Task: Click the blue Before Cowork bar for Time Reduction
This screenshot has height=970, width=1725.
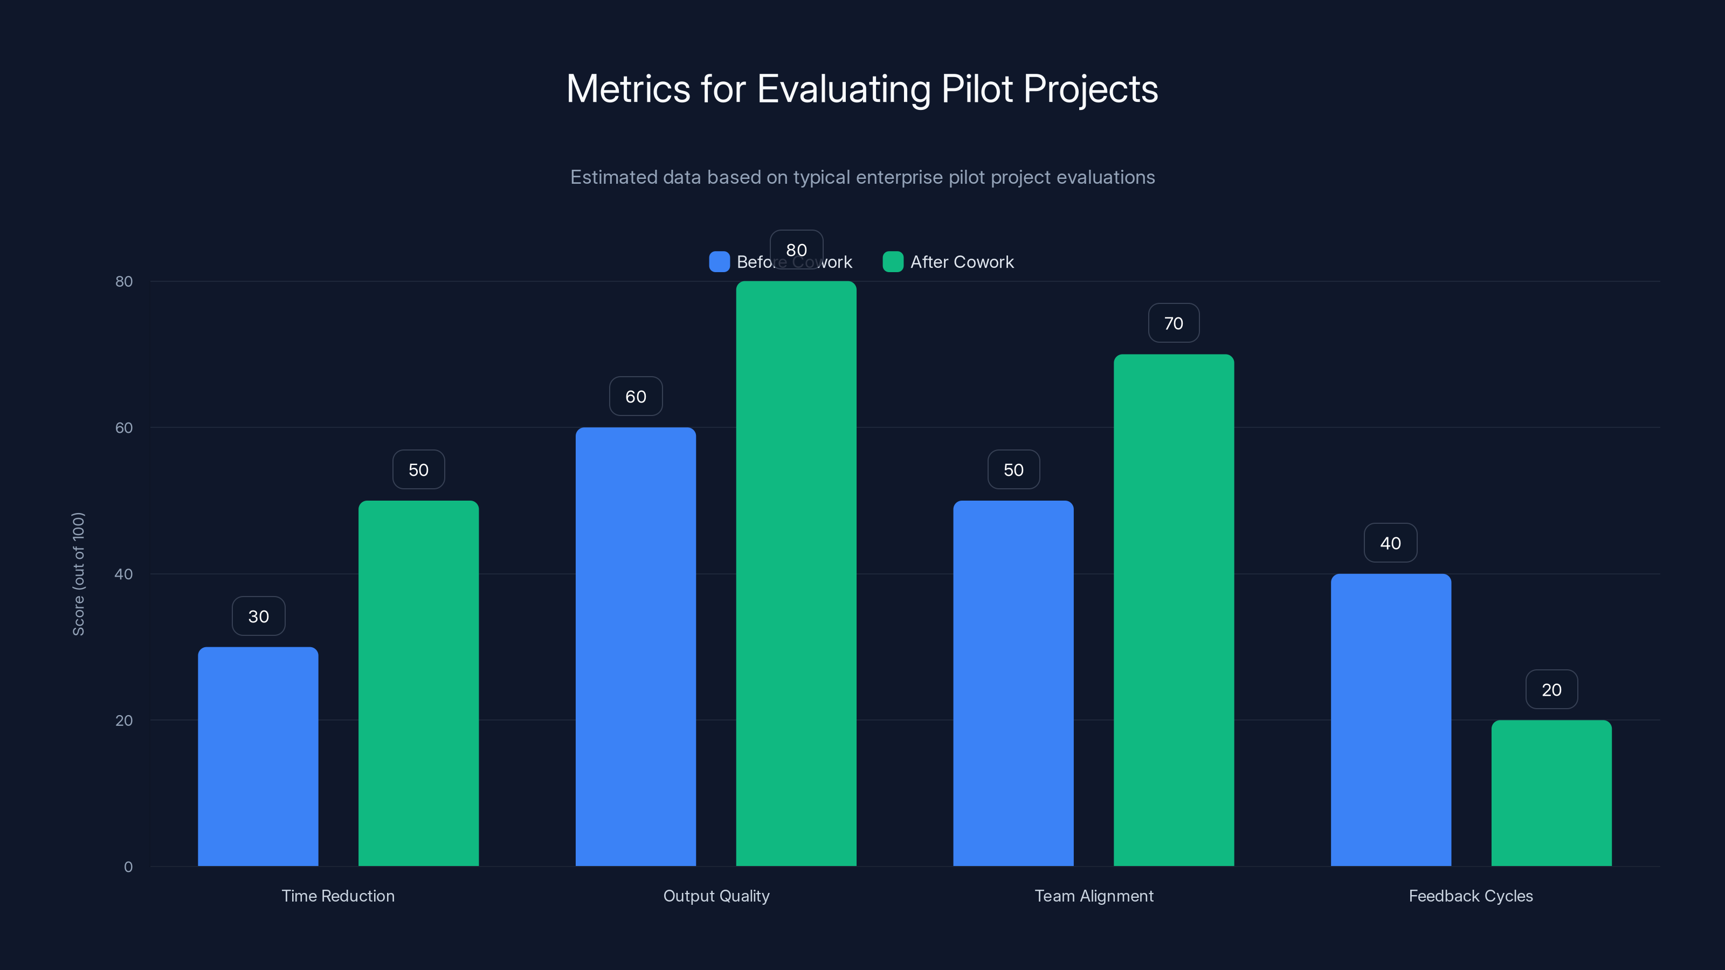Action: (258, 757)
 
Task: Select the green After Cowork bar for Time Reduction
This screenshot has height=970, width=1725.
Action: (418, 683)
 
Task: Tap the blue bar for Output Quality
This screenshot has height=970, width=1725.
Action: (636, 647)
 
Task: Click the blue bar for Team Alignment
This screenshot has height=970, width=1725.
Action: (1013, 683)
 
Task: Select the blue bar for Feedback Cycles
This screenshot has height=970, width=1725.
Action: (1391, 719)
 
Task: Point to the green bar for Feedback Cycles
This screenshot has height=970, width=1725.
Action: (1551, 793)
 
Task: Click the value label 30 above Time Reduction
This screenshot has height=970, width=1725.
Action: (259, 616)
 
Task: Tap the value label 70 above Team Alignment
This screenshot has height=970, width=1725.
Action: (1173, 323)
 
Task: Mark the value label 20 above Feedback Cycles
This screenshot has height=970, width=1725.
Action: (1551, 690)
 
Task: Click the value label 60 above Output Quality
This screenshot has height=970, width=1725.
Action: (636, 396)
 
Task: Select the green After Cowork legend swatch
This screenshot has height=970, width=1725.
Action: (893, 262)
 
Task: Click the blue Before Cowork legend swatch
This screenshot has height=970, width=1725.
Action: (719, 262)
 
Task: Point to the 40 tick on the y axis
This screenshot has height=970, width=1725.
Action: (124, 574)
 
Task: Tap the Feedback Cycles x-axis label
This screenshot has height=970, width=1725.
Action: (1471, 896)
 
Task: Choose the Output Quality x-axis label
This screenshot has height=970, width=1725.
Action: (716, 896)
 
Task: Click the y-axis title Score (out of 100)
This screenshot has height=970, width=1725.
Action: (78, 574)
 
